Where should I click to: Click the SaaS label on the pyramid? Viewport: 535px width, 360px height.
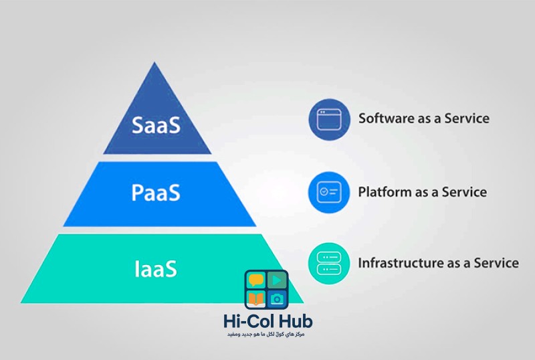pyautogui.click(x=156, y=125)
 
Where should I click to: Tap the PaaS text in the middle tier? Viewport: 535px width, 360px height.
pyautogui.click(x=156, y=193)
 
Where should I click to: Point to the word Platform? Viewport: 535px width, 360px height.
pyautogui.click(x=385, y=192)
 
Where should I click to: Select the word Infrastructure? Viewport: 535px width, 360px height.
pyautogui.click(x=399, y=263)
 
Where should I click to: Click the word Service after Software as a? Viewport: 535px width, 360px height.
pyautogui.click(x=466, y=118)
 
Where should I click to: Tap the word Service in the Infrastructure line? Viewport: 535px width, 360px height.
pyautogui.click(x=496, y=263)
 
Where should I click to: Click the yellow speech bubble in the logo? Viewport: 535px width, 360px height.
pyautogui.click(x=256, y=280)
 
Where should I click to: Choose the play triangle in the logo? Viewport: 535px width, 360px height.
pyautogui.click(x=276, y=280)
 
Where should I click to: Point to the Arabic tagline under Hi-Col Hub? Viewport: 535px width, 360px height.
pyautogui.click(x=267, y=335)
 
